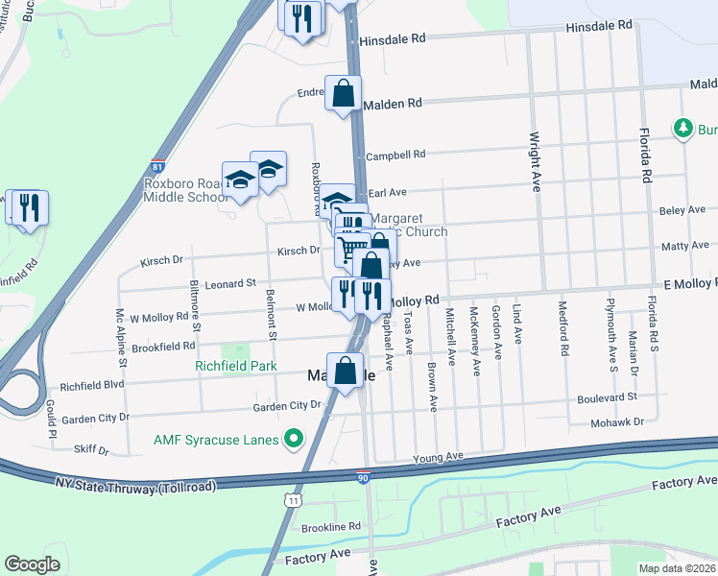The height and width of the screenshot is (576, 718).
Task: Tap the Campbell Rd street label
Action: [395, 155]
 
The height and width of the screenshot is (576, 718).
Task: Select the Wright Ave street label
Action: [535, 162]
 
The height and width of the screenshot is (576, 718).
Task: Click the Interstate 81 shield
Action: [157, 166]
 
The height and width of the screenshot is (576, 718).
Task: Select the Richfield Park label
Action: [235, 367]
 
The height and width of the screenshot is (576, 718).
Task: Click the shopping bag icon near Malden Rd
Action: [343, 93]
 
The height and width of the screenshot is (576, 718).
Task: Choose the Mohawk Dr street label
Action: [615, 420]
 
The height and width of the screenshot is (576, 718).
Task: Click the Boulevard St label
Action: [607, 397]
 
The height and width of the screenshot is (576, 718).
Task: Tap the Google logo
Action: [33, 564]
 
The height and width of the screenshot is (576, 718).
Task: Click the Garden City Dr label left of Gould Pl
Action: [94, 419]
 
